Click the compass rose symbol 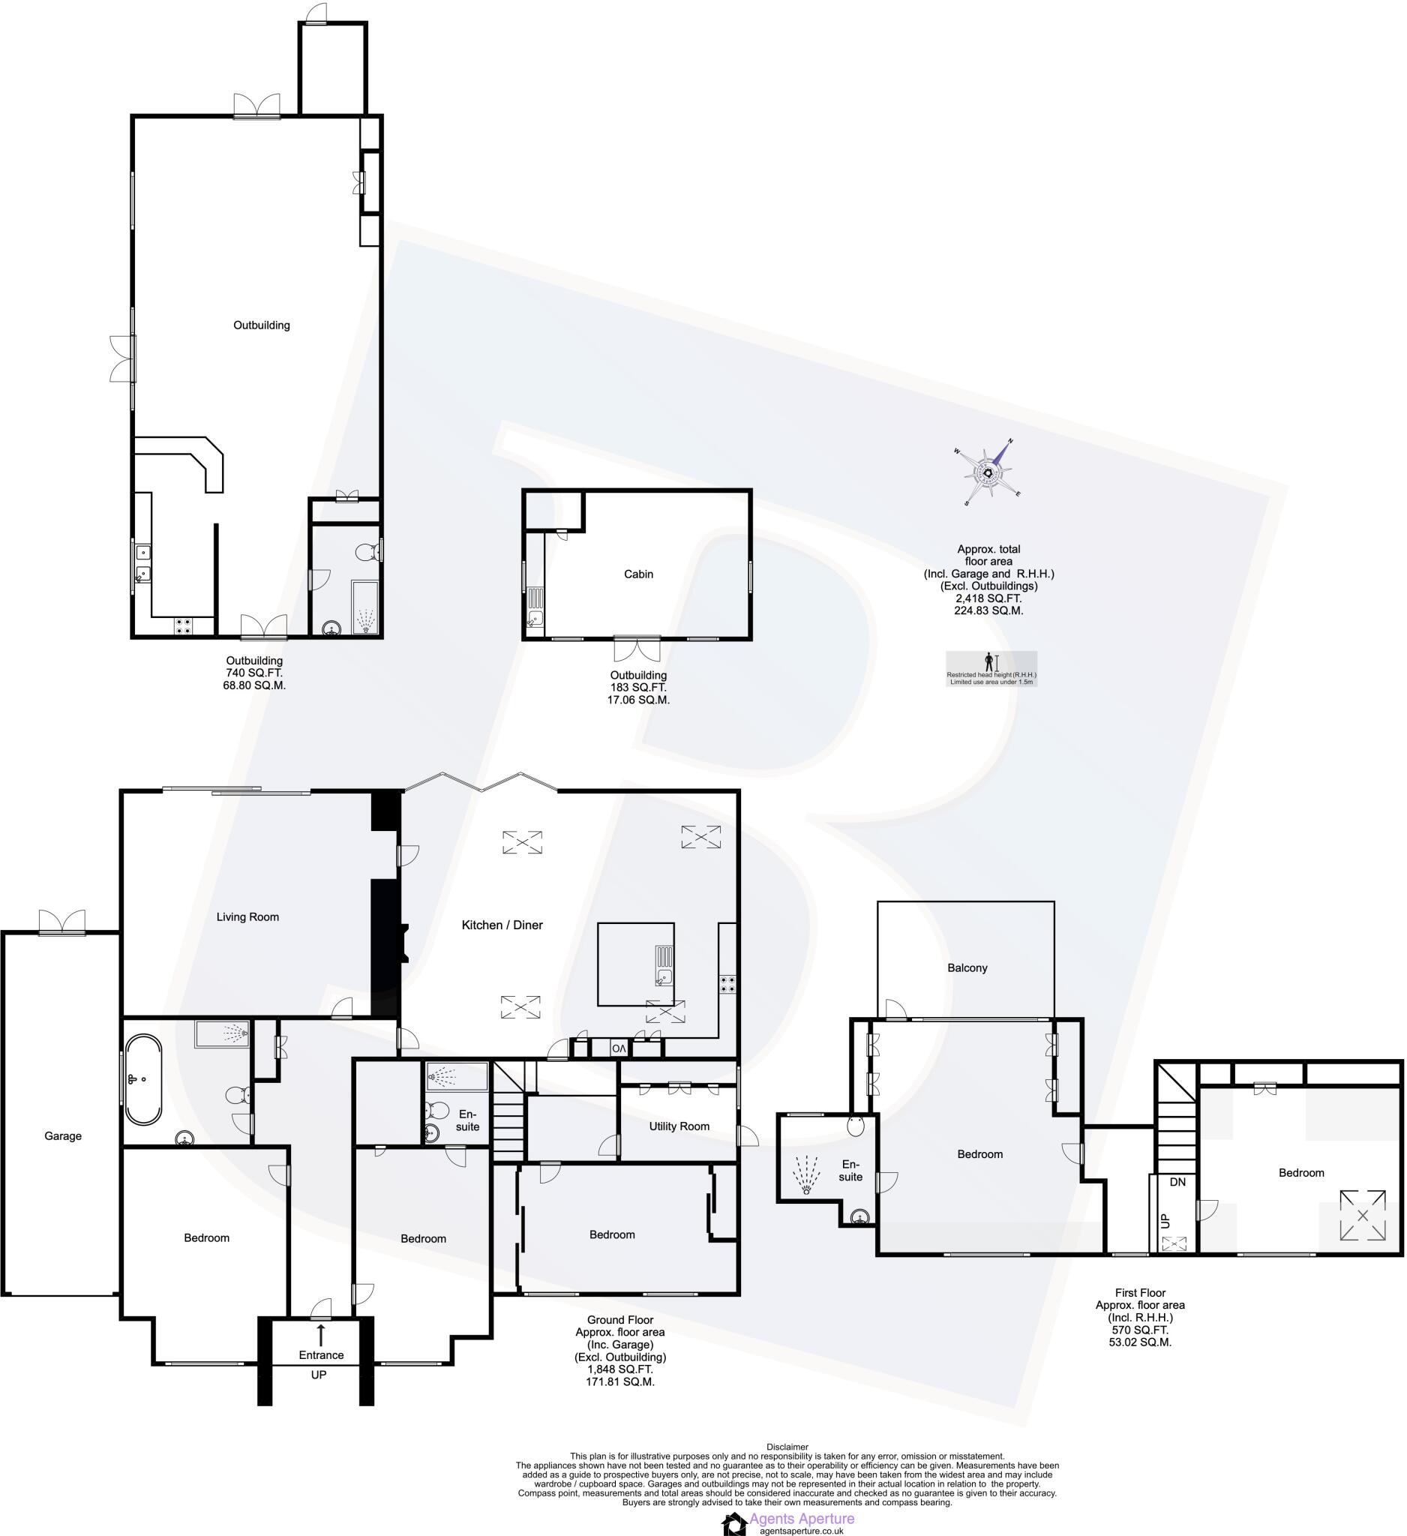988,473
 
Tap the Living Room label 247,916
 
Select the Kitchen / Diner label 502,925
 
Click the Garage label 62,1136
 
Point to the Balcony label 967,967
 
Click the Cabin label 638,574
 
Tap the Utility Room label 679,1126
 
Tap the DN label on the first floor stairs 1177,1183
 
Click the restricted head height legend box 991,668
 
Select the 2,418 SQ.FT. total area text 988,598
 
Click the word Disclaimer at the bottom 787,1447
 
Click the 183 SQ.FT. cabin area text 638,687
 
